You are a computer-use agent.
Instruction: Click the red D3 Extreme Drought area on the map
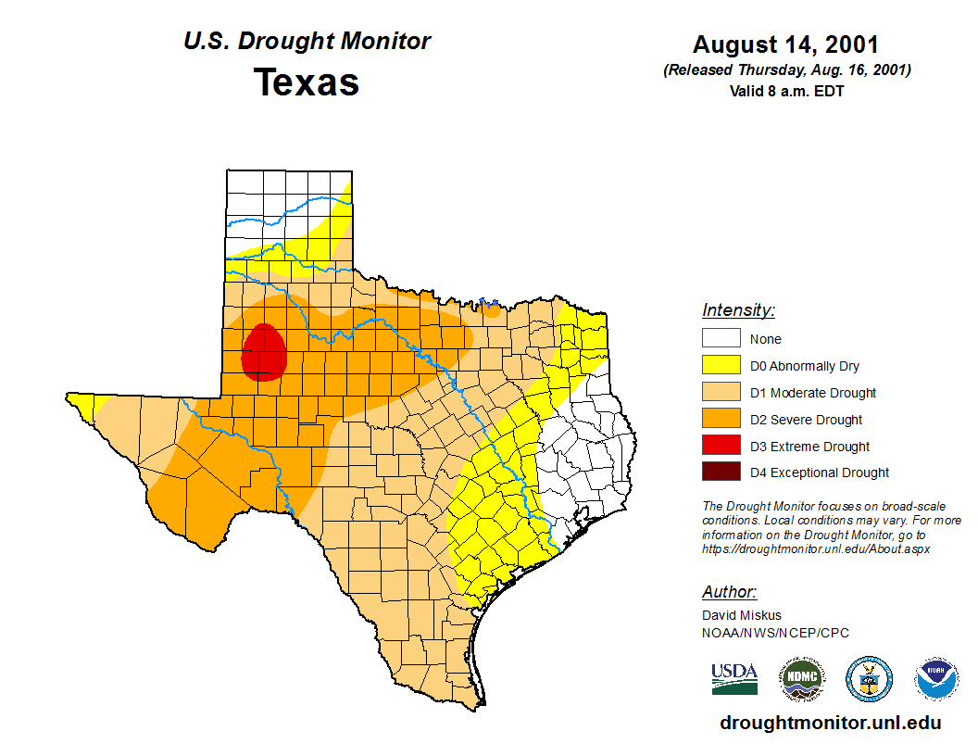click(263, 353)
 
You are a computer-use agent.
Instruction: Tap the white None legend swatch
click(721, 339)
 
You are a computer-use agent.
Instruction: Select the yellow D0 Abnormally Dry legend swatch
click(721, 366)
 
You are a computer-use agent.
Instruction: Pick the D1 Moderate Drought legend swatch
click(721, 393)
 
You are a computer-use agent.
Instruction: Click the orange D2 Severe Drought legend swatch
click(721, 420)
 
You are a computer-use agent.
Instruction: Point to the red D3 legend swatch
click(721, 446)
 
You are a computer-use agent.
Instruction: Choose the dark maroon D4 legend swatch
click(721, 472)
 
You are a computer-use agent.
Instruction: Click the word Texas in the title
click(307, 82)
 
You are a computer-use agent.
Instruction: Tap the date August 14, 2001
click(785, 44)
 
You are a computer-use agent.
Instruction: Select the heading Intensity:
click(738, 310)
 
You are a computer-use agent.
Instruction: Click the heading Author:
click(729, 592)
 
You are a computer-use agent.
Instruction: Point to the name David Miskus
click(742, 615)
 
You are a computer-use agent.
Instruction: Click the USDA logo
click(734, 678)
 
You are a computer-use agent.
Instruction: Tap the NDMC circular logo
click(801, 679)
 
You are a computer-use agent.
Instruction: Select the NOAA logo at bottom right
click(937, 679)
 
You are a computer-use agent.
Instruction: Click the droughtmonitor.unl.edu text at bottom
click(830, 723)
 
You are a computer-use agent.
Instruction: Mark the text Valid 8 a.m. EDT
click(786, 91)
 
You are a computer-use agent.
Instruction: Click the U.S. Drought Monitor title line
click(307, 42)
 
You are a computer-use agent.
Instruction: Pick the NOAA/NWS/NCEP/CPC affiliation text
click(775, 633)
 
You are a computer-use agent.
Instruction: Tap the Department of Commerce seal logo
click(870, 679)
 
